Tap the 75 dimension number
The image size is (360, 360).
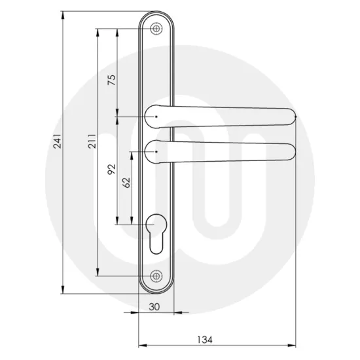point(111,80)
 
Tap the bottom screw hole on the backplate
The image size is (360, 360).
point(156,276)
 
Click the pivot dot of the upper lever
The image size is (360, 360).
point(156,117)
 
